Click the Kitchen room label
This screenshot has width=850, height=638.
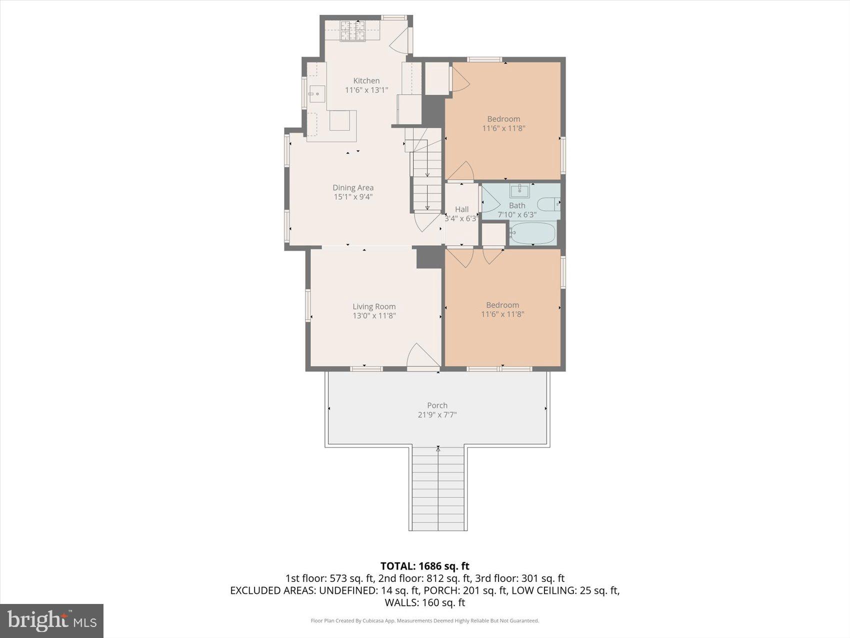(366, 81)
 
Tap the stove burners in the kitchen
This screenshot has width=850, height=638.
(353, 31)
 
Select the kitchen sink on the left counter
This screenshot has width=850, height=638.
(316, 94)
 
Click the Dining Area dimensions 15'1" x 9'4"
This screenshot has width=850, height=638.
(353, 197)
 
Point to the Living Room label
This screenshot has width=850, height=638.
(374, 307)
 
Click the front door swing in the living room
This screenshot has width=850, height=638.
(420, 356)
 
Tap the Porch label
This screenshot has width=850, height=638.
(437, 405)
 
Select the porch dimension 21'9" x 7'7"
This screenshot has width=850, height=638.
(437, 415)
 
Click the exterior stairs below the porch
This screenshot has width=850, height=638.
(438, 488)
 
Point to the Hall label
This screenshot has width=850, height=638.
(461, 209)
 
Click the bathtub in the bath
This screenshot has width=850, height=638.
(533, 233)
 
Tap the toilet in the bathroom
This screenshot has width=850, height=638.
(548, 204)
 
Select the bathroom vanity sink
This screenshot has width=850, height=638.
(519, 191)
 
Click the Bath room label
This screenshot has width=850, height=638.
(517, 206)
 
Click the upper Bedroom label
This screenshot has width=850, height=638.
(503, 119)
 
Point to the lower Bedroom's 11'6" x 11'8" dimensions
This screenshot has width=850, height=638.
(502, 314)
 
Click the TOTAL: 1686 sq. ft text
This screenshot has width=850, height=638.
(424, 566)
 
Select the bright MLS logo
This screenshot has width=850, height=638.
(51, 620)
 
